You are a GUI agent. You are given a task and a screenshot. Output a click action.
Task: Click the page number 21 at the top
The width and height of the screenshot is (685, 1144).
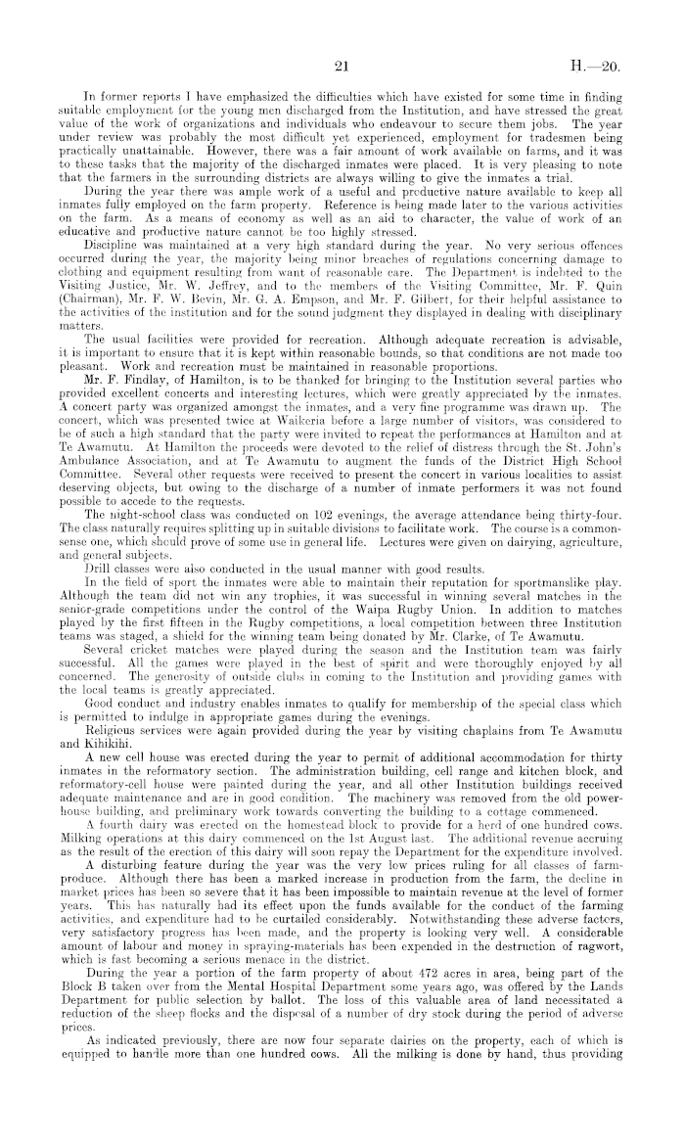[342, 67]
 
